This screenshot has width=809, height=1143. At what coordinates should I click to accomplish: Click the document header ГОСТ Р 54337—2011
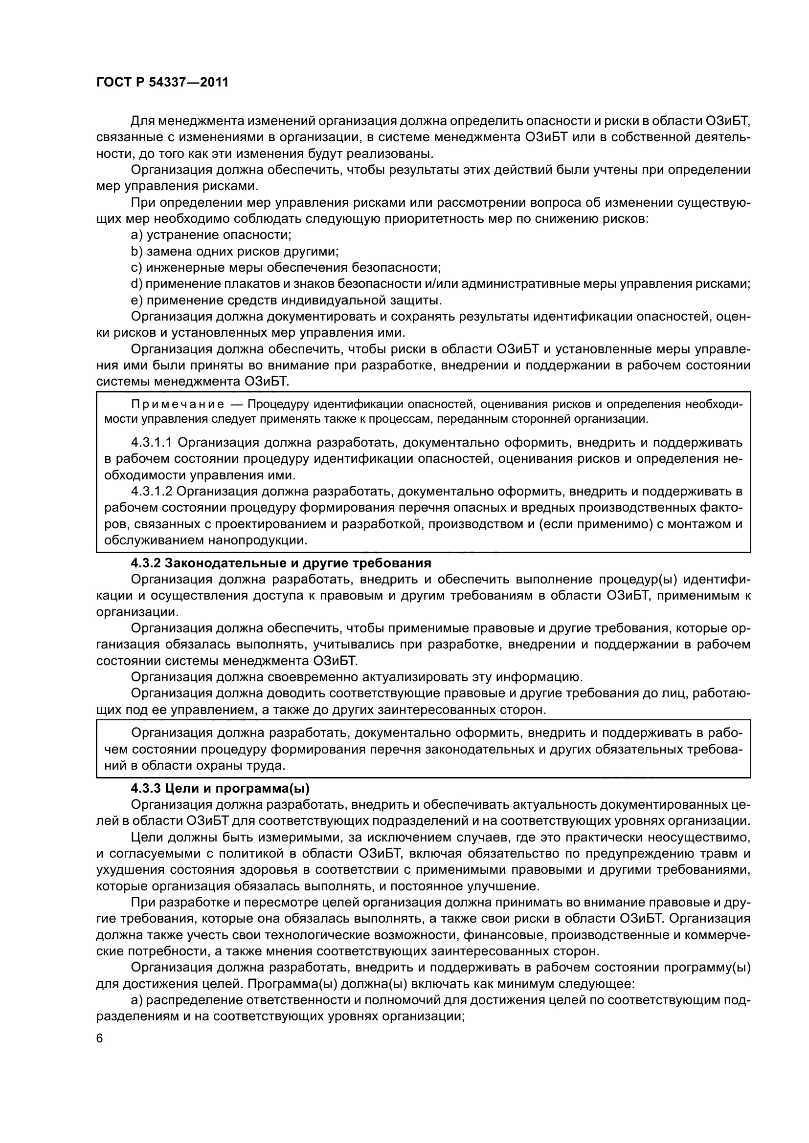tap(162, 83)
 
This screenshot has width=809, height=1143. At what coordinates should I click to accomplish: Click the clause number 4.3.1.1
tap(152, 442)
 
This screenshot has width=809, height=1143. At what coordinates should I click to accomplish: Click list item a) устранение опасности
tap(211, 235)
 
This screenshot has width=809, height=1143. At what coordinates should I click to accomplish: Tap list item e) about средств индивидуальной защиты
tap(287, 301)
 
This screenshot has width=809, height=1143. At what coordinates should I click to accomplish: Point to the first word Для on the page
tap(141, 121)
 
